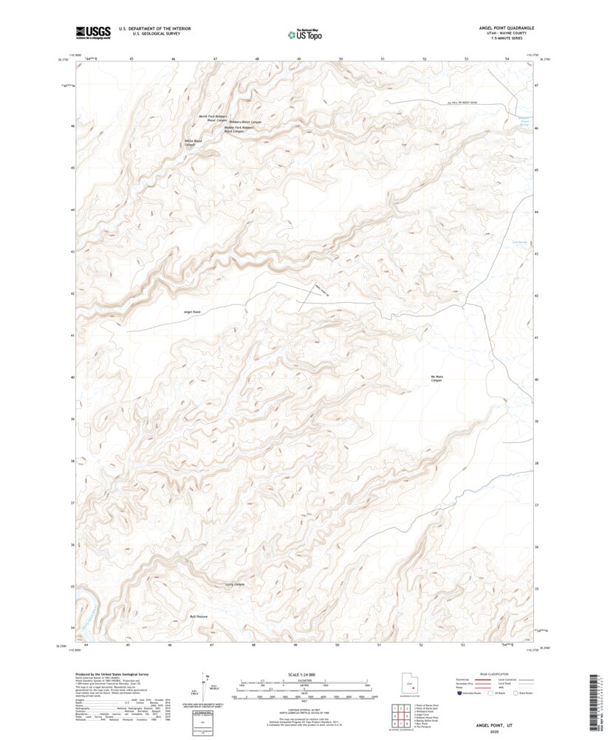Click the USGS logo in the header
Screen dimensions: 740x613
pyautogui.click(x=92, y=32)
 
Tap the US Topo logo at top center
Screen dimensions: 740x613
pyautogui.click(x=304, y=32)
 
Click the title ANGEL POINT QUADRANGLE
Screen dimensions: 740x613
pyautogui.click(x=506, y=27)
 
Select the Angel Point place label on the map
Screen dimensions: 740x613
pyautogui.click(x=192, y=312)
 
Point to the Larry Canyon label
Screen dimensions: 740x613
pyautogui.click(x=234, y=584)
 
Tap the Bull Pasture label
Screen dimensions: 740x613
pyautogui.click(x=199, y=616)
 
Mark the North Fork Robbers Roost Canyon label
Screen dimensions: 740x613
pyautogui.click(x=213, y=118)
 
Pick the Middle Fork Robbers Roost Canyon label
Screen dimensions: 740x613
pyautogui.click(x=239, y=129)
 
